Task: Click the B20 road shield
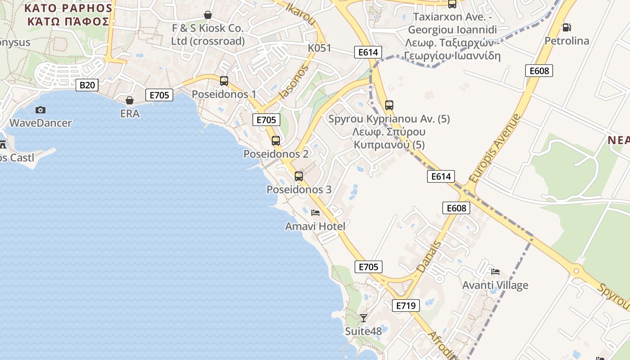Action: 87,85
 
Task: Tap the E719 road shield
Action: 405,306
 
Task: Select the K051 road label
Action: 319,48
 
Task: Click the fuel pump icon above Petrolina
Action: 567,27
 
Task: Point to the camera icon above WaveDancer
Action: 40,110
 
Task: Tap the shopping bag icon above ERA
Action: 130,100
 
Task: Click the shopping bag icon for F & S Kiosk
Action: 207,15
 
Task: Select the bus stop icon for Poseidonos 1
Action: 224,81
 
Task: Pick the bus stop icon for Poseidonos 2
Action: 276,140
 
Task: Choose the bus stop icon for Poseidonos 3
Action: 299,176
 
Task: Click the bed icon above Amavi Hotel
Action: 315,212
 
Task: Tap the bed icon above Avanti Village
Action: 495,271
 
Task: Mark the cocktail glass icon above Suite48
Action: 364,318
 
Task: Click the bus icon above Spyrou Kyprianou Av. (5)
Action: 389,105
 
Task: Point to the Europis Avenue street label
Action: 494,148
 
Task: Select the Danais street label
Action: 429,257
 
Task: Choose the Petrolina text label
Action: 567,41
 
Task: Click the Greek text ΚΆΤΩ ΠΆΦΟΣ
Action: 68,21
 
